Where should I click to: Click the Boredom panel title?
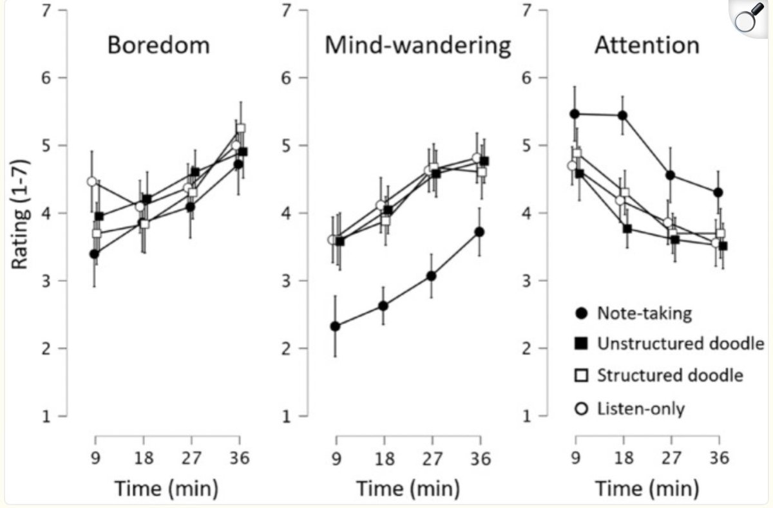point(158,46)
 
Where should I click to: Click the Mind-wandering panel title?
point(418,46)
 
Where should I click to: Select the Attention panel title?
point(647,46)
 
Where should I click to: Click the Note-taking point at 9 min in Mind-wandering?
point(334,326)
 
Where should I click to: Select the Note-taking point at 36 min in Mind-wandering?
point(479,232)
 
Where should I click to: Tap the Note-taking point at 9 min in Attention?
point(575,114)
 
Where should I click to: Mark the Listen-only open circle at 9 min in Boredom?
point(92,182)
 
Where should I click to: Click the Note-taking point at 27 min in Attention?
point(670,175)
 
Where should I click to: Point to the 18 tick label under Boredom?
point(143,458)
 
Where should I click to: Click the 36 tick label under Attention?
point(719,458)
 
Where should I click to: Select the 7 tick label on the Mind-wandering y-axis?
point(286,11)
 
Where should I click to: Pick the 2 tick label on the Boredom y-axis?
point(46,348)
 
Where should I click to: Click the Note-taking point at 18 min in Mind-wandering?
point(383,306)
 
